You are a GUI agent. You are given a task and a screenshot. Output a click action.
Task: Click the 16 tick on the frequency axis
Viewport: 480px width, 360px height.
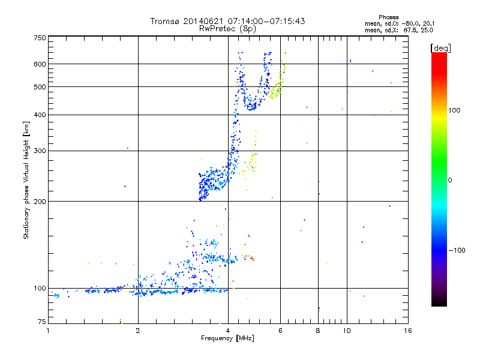[407, 331]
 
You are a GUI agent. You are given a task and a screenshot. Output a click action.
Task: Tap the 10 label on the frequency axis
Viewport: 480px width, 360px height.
[347, 331]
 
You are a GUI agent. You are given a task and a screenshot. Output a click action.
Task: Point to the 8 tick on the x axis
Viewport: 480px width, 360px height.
[318, 331]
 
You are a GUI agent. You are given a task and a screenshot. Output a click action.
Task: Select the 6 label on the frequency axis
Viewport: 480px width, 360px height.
[281, 331]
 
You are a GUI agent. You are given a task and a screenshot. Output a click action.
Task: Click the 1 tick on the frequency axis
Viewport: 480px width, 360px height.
[49, 331]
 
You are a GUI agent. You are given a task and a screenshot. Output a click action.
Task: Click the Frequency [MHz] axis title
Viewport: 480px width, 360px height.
[228, 338]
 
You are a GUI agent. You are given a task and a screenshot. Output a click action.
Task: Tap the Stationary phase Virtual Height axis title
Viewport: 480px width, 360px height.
[27, 180]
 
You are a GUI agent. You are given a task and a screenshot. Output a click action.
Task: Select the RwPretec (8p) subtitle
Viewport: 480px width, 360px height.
[228, 28]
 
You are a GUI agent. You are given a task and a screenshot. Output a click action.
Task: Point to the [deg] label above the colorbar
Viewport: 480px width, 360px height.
[441, 47]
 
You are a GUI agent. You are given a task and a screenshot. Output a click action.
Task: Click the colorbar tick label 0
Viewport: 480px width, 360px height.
[450, 180]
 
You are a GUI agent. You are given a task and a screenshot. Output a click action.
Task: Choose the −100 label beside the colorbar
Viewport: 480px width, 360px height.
[456, 250]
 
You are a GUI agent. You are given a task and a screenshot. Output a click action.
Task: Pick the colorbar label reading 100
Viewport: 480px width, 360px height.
[454, 110]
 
